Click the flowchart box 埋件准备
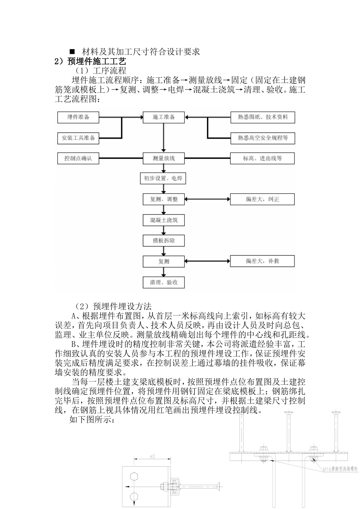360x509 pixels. (78, 117)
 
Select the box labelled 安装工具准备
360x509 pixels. (78, 138)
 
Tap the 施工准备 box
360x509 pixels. (164, 117)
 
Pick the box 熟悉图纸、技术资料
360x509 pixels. (262, 117)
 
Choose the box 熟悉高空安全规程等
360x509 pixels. (262, 138)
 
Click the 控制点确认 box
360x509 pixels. (78, 158)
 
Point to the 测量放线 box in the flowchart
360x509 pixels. (164, 158)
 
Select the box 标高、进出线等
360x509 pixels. (262, 158)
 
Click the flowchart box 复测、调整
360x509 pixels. (164, 199)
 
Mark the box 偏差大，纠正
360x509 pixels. (262, 199)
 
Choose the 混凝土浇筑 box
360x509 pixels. (164, 220)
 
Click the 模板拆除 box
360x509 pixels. (164, 240)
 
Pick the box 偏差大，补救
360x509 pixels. (262, 261)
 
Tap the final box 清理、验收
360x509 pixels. (164, 282)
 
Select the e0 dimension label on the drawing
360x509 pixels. (152, 457)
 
